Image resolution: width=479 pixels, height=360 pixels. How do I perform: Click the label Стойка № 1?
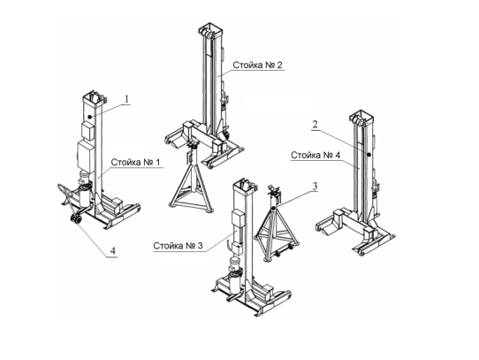coord(135,162)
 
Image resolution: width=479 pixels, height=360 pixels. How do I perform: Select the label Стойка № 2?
coord(257,65)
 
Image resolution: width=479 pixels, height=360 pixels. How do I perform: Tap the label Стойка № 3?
coord(178,246)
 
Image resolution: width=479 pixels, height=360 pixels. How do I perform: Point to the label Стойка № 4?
coord(316,155)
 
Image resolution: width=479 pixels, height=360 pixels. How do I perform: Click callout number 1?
coord(126,99)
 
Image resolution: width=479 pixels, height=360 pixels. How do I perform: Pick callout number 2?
coord(315,124)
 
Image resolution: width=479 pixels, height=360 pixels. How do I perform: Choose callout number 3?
coord(315,187)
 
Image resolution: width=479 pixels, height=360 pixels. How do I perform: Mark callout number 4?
coord(113,251)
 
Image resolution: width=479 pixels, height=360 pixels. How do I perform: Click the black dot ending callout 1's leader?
coord(89,117)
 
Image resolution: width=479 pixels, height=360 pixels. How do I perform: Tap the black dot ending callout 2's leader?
coord(369,155)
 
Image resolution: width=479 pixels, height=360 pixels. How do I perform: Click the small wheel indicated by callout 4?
coord(76,220)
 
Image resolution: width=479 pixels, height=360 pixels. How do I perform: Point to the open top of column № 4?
coord(362,116)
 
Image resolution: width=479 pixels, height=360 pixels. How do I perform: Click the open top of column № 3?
coord(245,183)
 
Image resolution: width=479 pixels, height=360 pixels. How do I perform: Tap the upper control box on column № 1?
coord(88,131)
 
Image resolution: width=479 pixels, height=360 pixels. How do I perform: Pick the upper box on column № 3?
coord(239,218)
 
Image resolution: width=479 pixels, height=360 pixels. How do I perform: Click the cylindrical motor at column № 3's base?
coord(235,264)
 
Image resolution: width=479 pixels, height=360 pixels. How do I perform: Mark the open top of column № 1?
coord(95,97)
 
